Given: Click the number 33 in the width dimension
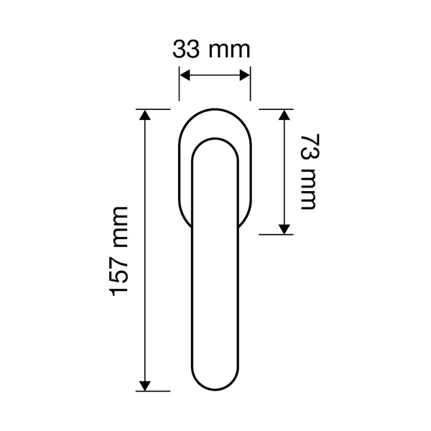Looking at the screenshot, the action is tap(185, 50).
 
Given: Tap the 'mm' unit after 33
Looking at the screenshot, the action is tap(230, 52).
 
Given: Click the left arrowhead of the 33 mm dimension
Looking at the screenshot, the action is tap(185, 75).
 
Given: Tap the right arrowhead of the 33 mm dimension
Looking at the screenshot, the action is tap(245, 75).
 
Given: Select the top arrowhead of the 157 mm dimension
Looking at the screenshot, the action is tap(145, 115).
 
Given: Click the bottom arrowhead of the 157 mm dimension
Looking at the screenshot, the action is tap(145, 386).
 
